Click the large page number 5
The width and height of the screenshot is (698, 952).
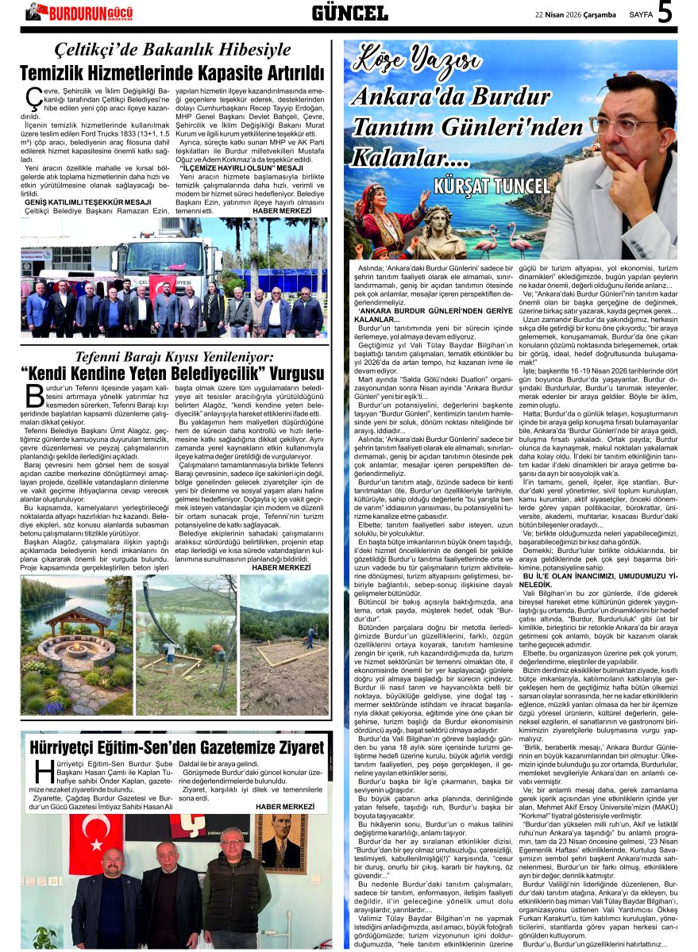tap(665, 13)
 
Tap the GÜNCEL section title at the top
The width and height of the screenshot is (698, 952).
tap(349, 13)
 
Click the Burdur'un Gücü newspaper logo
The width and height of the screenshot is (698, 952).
tap(79, 13)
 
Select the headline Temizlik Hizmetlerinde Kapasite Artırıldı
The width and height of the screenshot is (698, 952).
tap(172, 74)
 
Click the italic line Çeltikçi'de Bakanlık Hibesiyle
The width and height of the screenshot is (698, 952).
tap(173, 50)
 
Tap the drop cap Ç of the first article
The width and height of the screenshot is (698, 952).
tap(34, 97)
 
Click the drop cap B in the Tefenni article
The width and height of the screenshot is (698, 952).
tap(33, 393)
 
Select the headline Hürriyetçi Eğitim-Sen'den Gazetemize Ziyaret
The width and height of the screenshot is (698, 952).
tap(176, 747)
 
